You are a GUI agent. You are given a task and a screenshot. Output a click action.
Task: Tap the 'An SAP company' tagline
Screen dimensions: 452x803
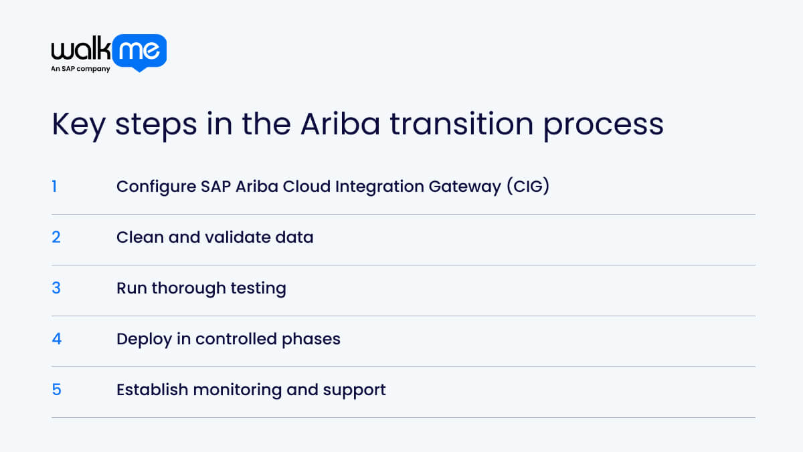[80, 69]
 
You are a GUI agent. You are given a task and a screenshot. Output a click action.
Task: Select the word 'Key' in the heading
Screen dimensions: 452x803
[78, 125]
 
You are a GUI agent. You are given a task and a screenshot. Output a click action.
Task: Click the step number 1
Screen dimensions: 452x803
[54, 187]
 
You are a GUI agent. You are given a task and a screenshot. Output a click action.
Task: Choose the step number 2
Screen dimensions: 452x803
[56, 237]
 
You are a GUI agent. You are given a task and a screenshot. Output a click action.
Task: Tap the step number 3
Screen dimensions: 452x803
[56, 288]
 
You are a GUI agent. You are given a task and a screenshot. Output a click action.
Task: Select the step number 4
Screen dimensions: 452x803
[56, 339]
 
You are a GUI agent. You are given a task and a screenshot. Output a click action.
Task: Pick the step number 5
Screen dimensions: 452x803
[56, 390]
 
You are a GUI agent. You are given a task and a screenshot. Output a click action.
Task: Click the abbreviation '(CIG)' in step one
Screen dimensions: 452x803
[527, 187]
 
